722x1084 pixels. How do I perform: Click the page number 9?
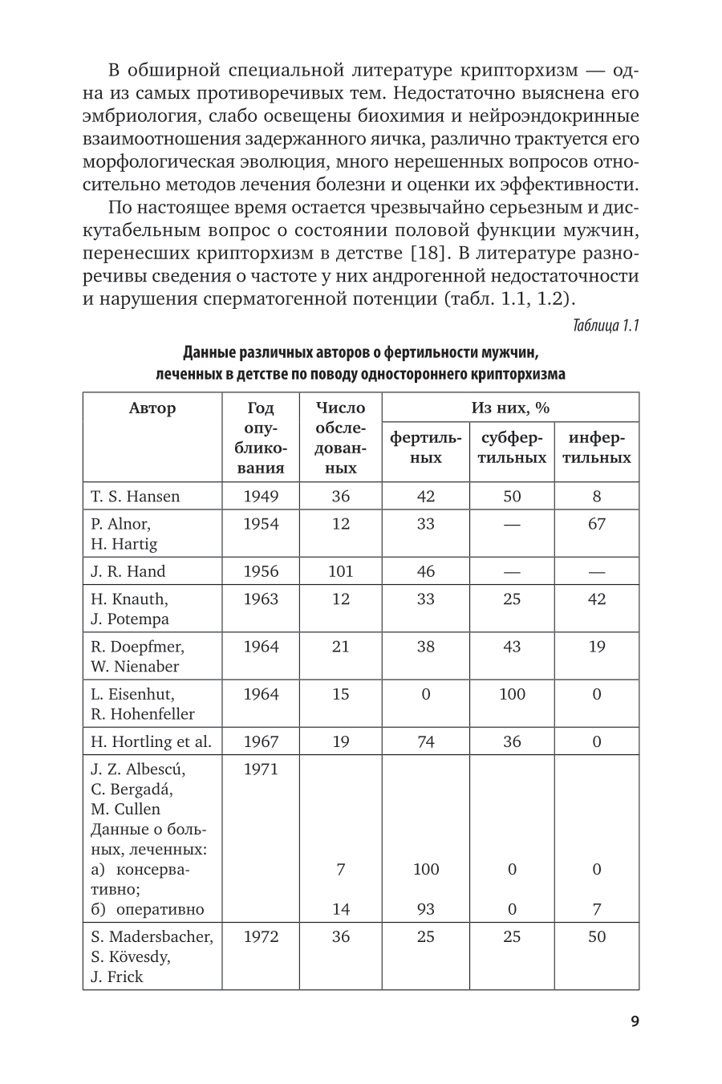[x=635, y=1021]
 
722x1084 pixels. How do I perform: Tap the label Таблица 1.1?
[x=606, y=326]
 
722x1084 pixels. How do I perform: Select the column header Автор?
[x=152, y=408]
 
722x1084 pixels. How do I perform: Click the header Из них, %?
[x=510, y=408]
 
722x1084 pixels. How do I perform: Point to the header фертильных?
[x=425, y=448]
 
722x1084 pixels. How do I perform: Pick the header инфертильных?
[x=597, y=448]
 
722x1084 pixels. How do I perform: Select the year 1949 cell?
[x=261, y=496]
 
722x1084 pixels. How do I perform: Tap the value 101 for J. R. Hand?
[x=341, y=571]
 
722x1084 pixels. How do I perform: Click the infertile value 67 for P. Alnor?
[x=597, y=524]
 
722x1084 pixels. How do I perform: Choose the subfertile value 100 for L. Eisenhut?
[x=512, y=694]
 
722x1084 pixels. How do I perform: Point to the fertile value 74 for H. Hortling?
[x=426, y=741]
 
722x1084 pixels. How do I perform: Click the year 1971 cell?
[x=261, y=769]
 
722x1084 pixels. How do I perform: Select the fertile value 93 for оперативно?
[x=426, y=909]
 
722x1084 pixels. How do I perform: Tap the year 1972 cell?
[x=261, y=936]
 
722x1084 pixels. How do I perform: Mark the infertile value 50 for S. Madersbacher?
[x=597, y=936]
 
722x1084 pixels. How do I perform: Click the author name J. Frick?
[x=116, y=976]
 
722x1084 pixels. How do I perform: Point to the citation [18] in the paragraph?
[x=423, y=254]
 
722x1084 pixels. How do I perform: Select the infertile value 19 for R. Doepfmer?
[x=597, y=647]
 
